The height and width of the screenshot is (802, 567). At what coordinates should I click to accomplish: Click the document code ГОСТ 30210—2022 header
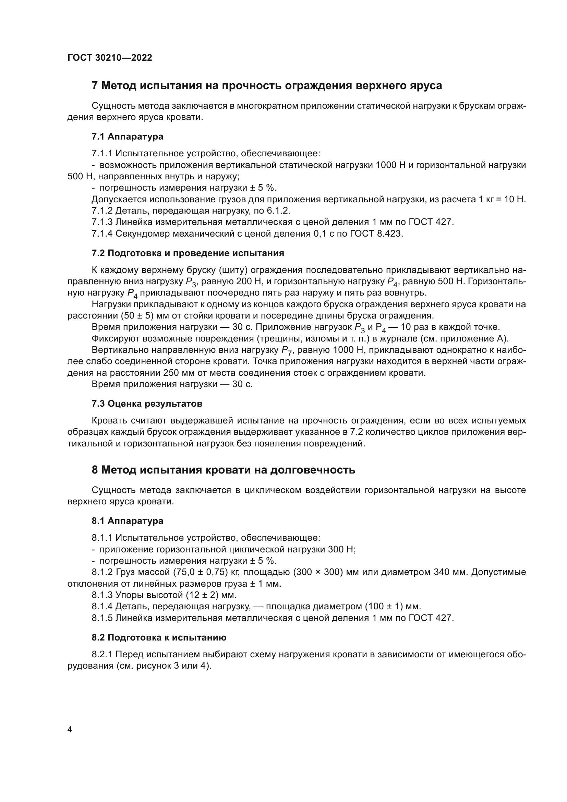[x=110, y=58]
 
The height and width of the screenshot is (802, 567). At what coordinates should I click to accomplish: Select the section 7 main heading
[x=267, y=86]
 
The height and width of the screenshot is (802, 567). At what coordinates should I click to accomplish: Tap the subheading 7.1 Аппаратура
[x=128, y=136]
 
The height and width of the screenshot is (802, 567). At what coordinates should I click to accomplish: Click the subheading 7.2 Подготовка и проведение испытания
[x=188, y=253]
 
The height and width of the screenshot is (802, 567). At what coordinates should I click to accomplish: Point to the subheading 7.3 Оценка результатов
[x=147, y=404]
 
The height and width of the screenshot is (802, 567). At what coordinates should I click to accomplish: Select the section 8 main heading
[x=224, y=470]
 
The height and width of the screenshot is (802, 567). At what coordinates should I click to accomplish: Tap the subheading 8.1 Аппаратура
[x=128, y=521]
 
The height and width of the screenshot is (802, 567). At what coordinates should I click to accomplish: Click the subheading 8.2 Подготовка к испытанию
[x=159, y=637]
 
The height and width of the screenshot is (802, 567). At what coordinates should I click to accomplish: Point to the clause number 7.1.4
[x=102, y=234]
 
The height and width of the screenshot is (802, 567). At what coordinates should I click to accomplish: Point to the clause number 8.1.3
[x=102, y=595]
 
